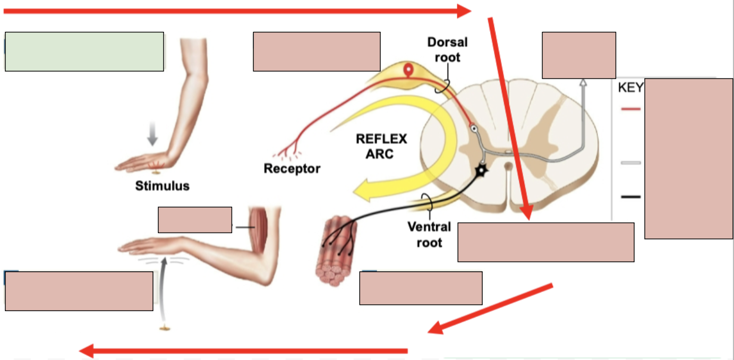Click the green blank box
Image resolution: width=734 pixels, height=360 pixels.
point(84,52)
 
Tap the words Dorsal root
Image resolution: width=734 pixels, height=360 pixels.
point(447,49)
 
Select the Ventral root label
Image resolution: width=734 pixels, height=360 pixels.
point(429,234)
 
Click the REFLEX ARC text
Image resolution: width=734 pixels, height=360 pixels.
point(381,147)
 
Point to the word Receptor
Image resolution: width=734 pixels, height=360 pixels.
point(292,169)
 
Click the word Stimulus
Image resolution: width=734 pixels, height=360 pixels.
point(162,186)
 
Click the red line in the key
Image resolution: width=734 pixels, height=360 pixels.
point(631,109)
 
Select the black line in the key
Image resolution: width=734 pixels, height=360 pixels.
point(631,197)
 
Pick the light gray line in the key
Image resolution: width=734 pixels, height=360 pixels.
point(631,162)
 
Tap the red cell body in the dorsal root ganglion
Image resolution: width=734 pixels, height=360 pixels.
point(408,70)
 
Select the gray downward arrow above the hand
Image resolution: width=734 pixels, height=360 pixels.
point(152,136)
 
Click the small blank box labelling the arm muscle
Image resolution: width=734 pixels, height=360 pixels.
point(195,219)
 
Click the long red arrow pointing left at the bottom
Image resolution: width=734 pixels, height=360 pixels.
point(244,350)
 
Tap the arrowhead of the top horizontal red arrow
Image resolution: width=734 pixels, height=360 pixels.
point(464,11)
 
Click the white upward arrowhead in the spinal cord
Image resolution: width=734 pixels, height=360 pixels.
point(583,83)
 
